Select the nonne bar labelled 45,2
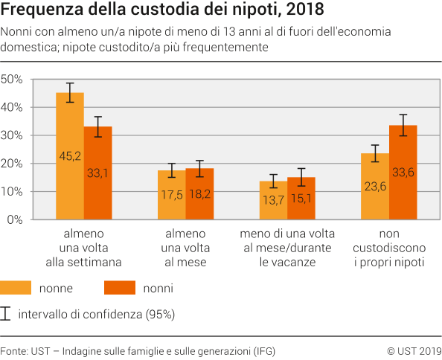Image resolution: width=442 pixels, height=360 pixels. (70, 157)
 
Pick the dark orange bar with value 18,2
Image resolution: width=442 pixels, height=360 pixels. (199, 194)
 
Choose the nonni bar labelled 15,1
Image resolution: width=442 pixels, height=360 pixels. (301, 199)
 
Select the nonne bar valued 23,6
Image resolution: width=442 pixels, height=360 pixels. (375, 187)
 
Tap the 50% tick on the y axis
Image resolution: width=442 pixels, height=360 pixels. (13, 80)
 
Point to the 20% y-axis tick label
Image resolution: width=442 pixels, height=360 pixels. (13, 164)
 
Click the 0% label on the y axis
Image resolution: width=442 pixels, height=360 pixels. (16, 220)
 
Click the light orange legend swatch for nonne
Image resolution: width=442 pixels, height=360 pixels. (16, 287)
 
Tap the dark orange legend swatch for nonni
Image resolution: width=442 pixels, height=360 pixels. (118, 287)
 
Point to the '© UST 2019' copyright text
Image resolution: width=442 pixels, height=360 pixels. (414, 350)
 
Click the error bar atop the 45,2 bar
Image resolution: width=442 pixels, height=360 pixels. (70, 92)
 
